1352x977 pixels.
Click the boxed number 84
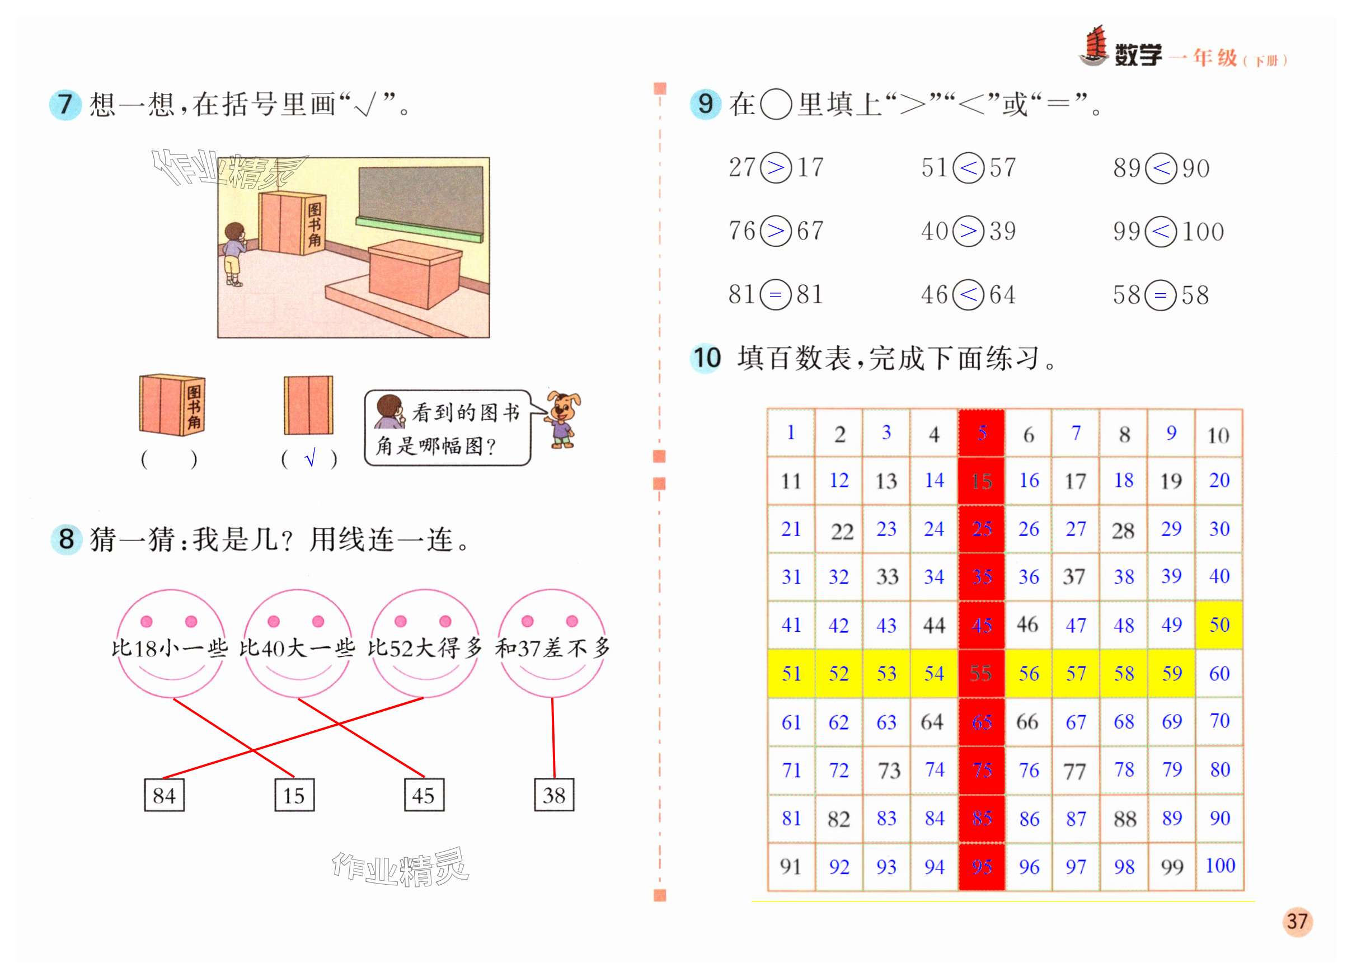[x=164, y=795]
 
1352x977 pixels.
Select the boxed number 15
[x=294, y=795]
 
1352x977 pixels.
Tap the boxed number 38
[x=554, y=795]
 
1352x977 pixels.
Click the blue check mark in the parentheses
[x=309, y=459]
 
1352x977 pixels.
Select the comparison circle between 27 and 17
[x=776, y=167]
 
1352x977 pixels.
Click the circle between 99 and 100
[x=1161, y=231]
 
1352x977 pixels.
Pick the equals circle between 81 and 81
[x=776, y=295]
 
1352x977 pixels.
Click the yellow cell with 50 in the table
[x=1219, y=624]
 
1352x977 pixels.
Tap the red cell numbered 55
[x=981, y=674]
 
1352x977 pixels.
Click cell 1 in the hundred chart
[x=791, y=433]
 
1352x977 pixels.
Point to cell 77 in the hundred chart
[x=1075, y=771]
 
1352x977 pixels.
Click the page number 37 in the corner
[x=1297, y=922]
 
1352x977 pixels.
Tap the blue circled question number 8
[x=66, y=539]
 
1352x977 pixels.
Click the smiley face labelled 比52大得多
[x=424, y=644]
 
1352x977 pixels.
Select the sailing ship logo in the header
[x=1094, y=46]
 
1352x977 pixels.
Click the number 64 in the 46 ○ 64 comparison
[x=1003, y=295]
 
